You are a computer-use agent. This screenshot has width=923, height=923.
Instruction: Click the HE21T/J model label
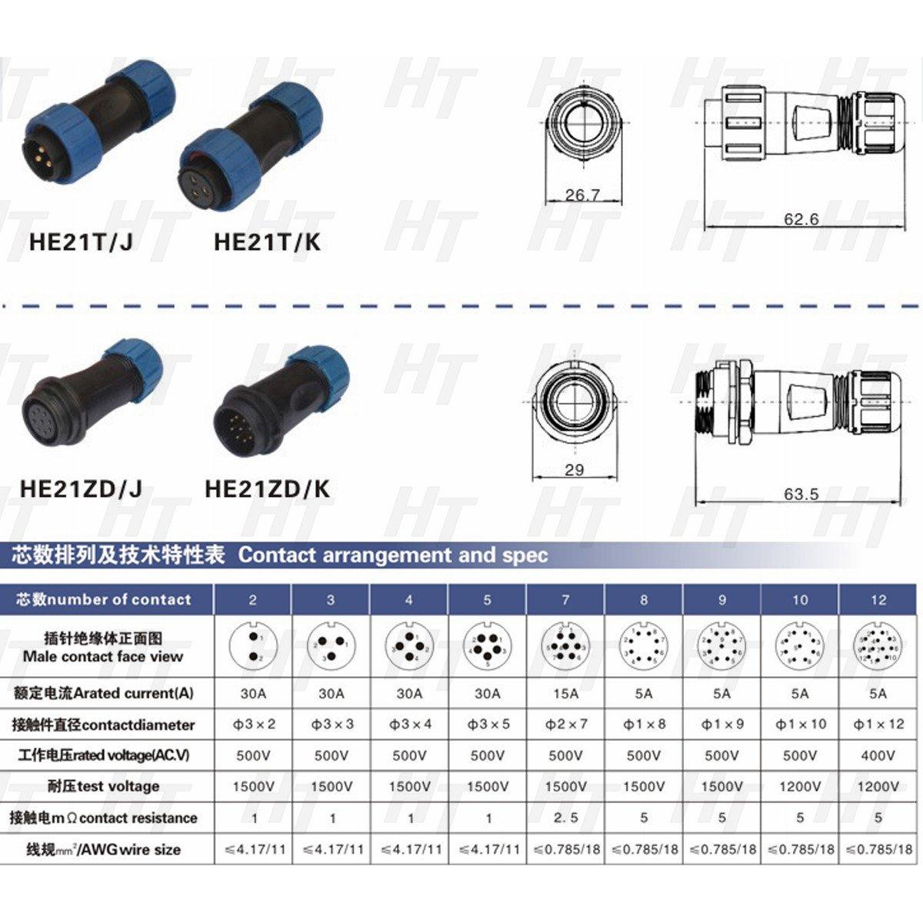(x=81, y=242)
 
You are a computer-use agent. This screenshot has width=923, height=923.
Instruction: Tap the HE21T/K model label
(x=267, y=242)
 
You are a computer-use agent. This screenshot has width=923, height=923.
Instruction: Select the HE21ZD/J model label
(x=81, y=488)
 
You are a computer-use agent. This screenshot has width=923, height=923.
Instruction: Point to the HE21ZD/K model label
(x=267, y=488)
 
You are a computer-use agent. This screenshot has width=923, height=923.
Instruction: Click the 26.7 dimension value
(x=582, y=195)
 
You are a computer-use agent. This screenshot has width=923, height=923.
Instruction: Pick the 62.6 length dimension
(x=801, y=219)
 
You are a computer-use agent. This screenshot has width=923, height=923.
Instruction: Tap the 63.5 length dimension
(x=801, y=494)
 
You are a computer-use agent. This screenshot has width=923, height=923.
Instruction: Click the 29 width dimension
(x=575, y=469)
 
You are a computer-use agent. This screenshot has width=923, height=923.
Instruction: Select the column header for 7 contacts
(x=565, y=600)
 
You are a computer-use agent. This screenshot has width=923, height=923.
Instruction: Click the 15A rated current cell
(x=565, y=693)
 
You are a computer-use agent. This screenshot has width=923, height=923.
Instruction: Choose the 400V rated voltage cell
(x=878, y=755)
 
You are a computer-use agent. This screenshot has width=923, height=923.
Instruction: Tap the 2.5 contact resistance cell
(x=565, y=818)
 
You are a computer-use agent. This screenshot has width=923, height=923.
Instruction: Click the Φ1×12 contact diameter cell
(x=878, y=724)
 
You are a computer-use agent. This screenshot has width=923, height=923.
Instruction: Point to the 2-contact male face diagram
(x=253, y=646)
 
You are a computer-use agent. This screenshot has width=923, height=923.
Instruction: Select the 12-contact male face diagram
(x=878, y=646)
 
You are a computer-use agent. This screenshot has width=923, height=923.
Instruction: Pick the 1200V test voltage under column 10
(x=800, y=786)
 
